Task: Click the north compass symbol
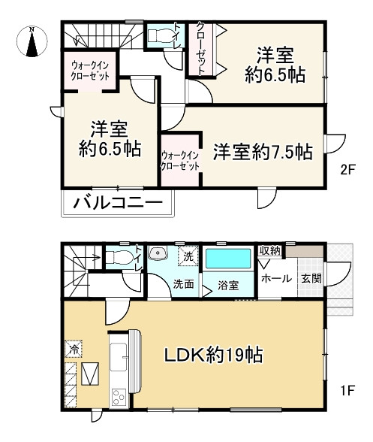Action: pos(32,41)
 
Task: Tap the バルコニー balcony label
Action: pos(118,203)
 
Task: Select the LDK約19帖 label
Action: pos(214,355)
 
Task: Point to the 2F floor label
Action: pos(347,170)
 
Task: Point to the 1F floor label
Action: pos(347,390)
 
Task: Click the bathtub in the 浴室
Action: pos(228,259)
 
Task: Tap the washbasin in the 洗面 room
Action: pos(158,253)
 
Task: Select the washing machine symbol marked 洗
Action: pos(188,256)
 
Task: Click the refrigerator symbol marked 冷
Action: pos(74,349)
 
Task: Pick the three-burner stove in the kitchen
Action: pos(119,397)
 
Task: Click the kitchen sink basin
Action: pos(119,357)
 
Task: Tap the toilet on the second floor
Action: pos(159,35)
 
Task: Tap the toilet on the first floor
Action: pos(119,257)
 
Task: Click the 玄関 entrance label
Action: pos(311,279)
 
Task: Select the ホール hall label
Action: pos(276,279)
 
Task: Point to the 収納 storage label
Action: pos(270,251)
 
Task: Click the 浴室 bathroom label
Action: pos(228,286)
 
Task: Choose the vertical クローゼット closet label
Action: pos(200,49)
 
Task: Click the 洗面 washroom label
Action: pos(183,284)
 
